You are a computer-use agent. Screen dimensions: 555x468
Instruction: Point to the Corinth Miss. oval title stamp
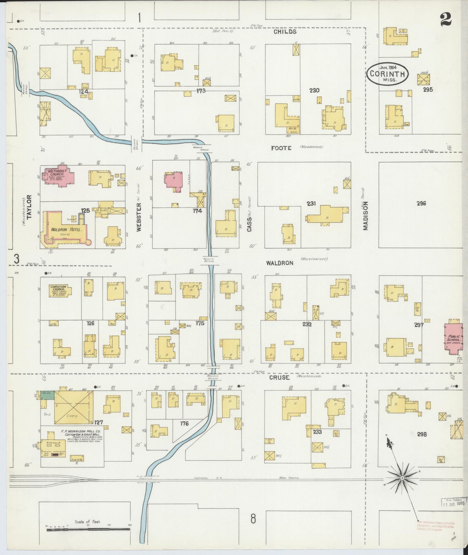387,74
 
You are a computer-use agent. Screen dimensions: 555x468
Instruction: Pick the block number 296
421,203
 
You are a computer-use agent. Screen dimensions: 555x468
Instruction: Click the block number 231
311,204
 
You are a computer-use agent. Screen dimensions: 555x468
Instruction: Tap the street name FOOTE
281,148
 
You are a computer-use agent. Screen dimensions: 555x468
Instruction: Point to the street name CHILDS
285,32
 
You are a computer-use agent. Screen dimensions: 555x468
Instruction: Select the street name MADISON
365,216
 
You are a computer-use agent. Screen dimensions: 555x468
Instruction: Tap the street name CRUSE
279,377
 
